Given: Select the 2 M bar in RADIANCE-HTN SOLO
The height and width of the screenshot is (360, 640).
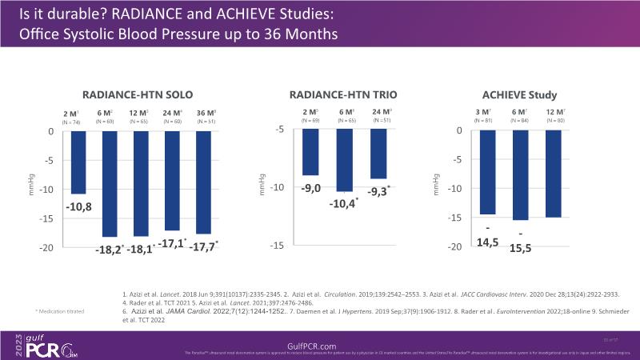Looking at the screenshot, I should (78, 162).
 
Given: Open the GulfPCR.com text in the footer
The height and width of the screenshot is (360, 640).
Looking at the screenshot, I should (319, 343).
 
